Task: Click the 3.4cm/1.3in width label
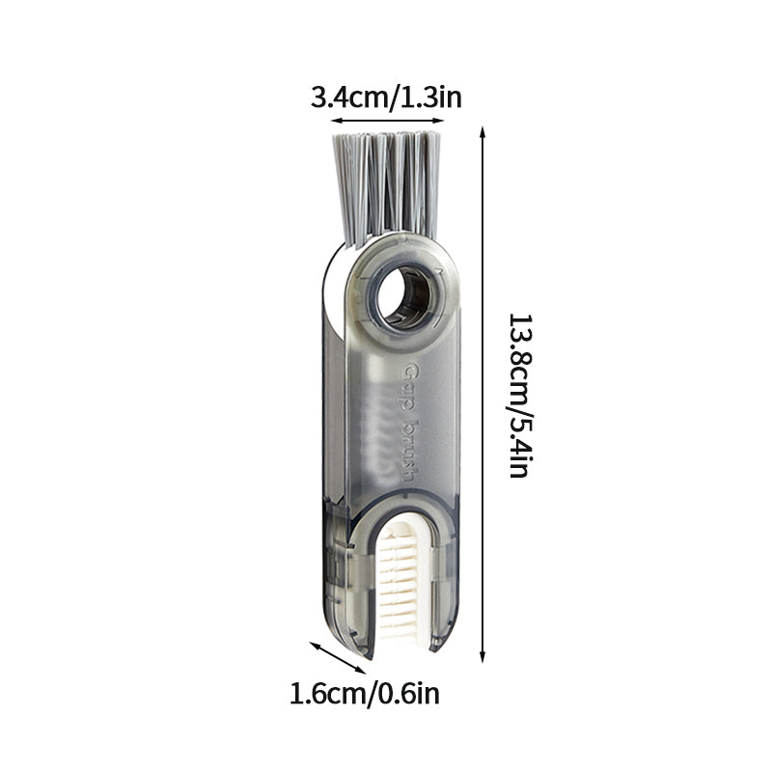tap(387, 97)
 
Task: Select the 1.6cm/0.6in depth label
tap(365, 695)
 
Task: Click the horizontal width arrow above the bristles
tap(388, 120)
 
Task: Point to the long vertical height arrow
tap(482, 395)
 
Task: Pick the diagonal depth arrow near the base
tap(338, 657)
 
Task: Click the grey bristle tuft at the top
tap(387, 188)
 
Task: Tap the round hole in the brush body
tap(402, 298)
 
